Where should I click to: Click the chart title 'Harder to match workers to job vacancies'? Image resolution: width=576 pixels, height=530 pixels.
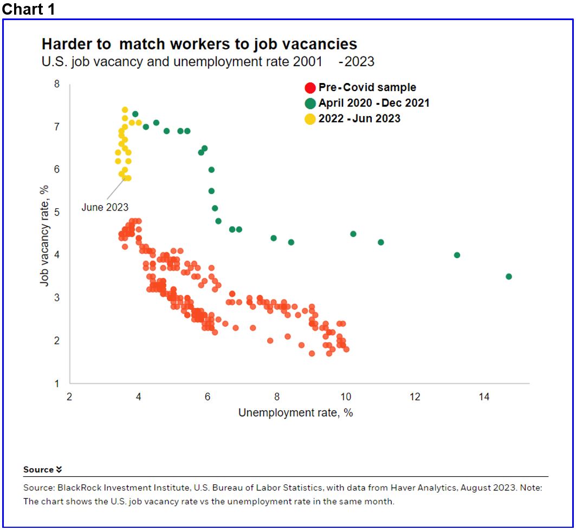tap(199, 44)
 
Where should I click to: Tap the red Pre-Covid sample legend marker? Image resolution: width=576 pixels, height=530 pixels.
tap(310, 88)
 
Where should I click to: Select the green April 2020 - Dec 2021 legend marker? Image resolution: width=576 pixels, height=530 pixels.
tap(310, 103)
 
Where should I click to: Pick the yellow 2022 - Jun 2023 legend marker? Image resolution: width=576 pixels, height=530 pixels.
tap(310, 119)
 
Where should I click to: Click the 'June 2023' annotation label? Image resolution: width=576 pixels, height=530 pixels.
tap(105, 207)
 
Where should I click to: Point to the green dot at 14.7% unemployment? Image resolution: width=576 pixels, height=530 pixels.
tap(508, 277)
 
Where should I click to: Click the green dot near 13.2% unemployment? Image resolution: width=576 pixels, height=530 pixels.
tap(457, 255)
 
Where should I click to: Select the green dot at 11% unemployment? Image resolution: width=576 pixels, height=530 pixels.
tap(380, 242)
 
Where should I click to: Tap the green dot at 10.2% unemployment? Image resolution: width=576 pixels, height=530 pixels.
tap(353, 234)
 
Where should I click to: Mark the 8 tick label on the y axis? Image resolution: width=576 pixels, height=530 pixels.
tap(56, 84)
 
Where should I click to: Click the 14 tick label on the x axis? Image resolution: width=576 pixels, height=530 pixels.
tap(484, 397)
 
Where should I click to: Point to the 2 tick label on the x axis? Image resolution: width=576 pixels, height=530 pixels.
tap(69, 397)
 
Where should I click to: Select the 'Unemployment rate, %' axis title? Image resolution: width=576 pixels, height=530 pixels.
tap(295, 413)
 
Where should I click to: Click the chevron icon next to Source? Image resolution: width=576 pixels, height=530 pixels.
tap(59, 470)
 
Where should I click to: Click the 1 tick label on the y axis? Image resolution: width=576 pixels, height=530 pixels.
tap(56, 384)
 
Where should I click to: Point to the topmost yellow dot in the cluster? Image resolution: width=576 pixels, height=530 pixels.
tap(125, 110)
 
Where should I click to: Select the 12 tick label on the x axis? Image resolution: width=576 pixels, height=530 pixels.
tap(415, 397)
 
